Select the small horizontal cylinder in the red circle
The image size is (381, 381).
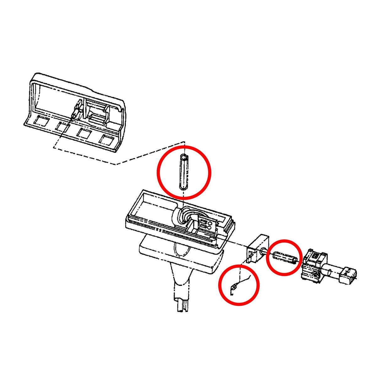[x=285, y=258]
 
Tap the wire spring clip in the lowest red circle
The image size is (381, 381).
[x=235, y=287]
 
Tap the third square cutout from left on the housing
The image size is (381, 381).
[x=84, y=133]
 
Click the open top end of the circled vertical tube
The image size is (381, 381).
[x=184, y=157]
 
